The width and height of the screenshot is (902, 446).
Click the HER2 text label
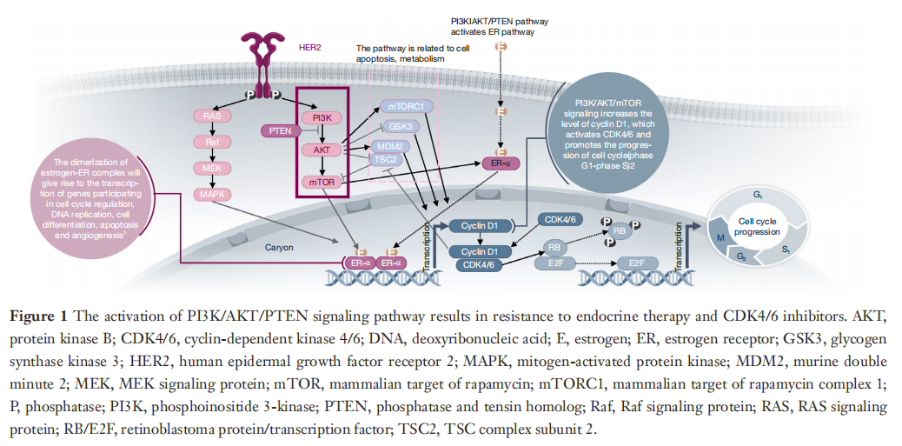309,47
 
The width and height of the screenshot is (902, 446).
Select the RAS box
211,116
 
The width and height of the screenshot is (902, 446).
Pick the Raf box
211,142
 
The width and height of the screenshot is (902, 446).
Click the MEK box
211,167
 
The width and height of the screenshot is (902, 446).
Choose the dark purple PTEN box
280,131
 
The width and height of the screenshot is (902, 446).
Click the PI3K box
321,117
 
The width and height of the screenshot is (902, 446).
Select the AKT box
321,150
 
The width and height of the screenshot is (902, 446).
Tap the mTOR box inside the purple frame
321,182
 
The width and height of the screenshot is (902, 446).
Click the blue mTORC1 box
405,107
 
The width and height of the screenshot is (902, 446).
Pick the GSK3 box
401,126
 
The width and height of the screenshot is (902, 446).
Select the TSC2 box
385,160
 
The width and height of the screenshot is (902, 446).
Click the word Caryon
280,247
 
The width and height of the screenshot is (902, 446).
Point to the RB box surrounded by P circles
620,231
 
